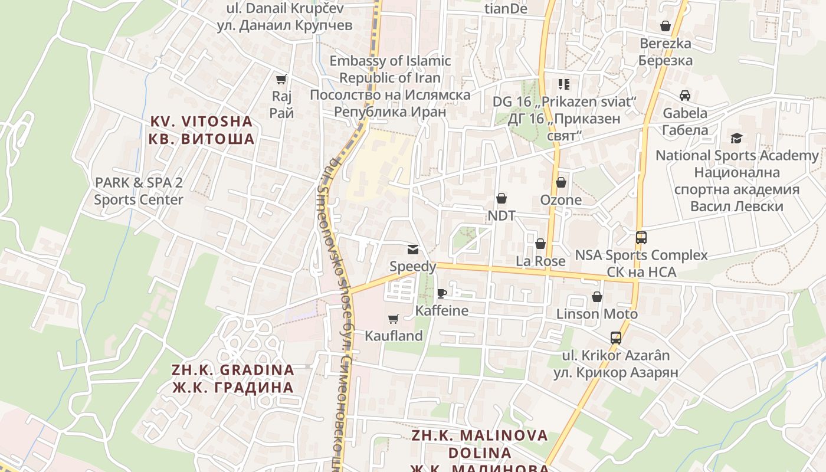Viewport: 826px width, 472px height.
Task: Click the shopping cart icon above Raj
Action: pos(281,79)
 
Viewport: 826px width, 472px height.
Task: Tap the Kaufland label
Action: pos(394,336)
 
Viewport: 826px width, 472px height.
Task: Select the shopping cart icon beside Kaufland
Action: pos(394,319)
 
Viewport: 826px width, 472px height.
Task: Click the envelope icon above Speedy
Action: pos(412,250)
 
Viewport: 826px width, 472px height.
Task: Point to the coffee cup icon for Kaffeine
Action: pos(441,293)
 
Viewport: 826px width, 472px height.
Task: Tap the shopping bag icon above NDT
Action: pos(501,198)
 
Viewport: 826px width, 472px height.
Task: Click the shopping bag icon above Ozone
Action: pos(561,182)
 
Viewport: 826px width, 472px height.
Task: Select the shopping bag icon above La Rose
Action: pos(540,244)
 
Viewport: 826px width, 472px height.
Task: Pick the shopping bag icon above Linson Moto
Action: pos(597,297)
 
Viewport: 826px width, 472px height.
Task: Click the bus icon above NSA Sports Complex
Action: pos(641,238)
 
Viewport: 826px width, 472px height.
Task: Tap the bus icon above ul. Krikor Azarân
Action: pos(616,338)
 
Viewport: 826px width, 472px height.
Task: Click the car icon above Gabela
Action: pos(685,96)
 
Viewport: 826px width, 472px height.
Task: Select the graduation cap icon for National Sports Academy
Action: pos(736,139)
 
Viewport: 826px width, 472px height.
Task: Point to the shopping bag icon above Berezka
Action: pos(666,26)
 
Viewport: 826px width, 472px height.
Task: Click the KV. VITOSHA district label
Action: pos(202,130)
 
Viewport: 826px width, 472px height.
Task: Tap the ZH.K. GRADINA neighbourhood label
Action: pos(232,378)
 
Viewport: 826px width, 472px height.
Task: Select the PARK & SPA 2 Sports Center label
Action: pos(139,191)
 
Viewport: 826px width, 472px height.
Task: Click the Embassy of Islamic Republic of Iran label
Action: pos(390,86)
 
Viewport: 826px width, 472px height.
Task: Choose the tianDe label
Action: pos(505,9)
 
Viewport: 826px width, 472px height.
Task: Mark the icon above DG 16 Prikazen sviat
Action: pos(564,84)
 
